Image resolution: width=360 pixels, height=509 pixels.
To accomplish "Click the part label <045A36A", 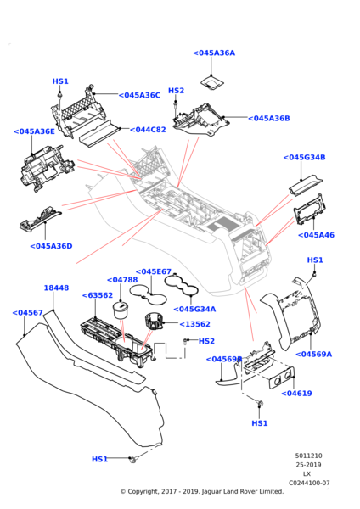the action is (214, 53).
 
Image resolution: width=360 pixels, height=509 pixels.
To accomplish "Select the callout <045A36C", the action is (139, 95).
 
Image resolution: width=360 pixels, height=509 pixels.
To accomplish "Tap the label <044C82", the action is (148, 130).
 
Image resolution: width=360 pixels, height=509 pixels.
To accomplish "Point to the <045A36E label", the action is (34, 131).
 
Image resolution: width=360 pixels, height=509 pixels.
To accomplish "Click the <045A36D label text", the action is (51, 246).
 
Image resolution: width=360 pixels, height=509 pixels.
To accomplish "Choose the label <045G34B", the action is (304, 158).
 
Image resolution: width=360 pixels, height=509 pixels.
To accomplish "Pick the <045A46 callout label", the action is (316, 235).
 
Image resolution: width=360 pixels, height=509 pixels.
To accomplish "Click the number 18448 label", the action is (56, 288).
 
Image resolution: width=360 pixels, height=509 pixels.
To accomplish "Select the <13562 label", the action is (194, 324).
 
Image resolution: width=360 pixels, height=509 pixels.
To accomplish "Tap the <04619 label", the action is (296, 394).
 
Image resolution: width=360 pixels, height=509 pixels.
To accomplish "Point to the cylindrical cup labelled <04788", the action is (121, 311).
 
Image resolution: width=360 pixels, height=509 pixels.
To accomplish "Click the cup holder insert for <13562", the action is (154, 322).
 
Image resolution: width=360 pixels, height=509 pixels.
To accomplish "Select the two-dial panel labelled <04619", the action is (282, 378).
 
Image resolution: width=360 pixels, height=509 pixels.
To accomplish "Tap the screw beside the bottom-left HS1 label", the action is (132, 459).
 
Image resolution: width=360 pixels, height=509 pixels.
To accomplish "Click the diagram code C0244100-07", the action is (309, 483).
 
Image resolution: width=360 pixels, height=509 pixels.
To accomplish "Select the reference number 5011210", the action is (309, 456).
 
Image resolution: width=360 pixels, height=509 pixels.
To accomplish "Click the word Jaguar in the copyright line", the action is (211, 492).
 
